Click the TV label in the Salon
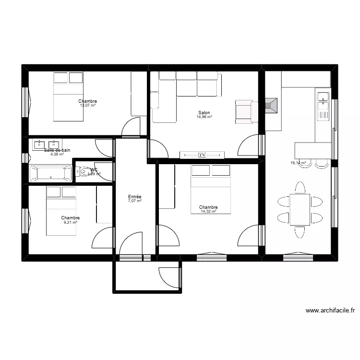(202, 155)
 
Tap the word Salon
(204, 113)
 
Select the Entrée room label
(134, 197)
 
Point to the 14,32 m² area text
(208, 211)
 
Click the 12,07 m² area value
(88, 105)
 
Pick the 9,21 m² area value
(70, 222)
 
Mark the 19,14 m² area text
(298, 163)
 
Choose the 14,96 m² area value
(204, 117)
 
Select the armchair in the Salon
(243, 111)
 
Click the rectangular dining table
(300, 209)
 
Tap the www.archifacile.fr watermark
(330, 311)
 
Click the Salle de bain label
(57, 150)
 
